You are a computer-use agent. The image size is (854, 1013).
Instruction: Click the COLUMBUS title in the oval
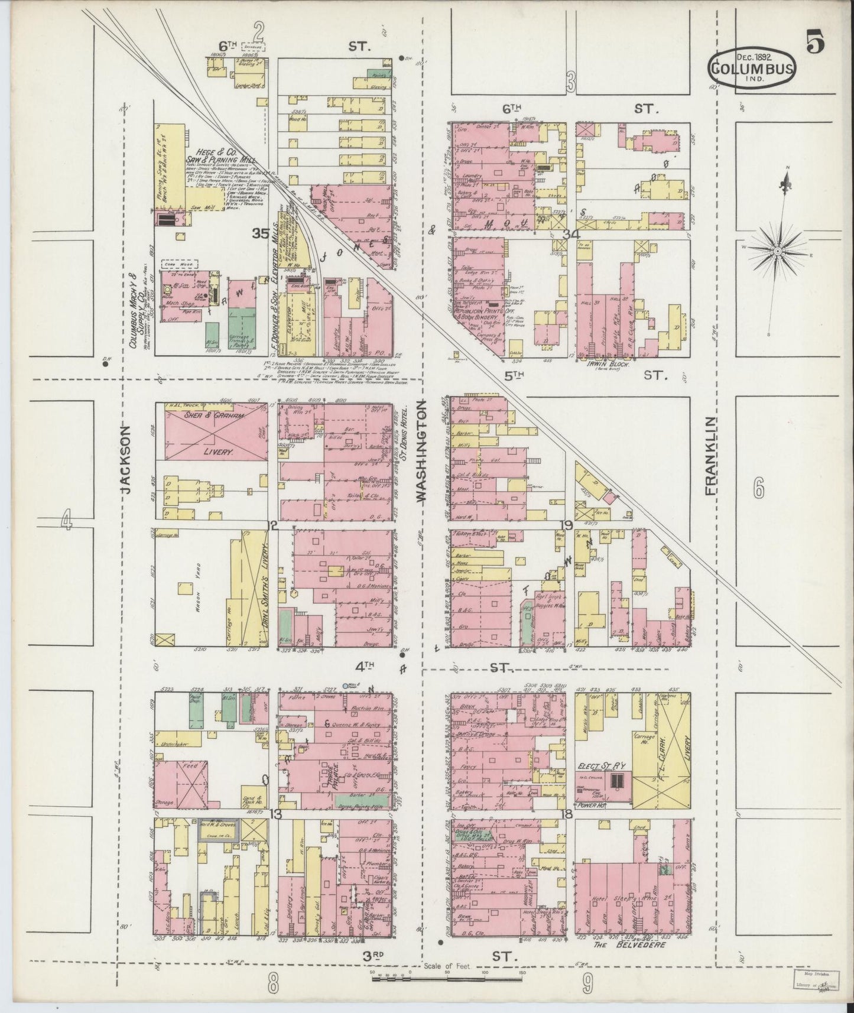coord(751,67)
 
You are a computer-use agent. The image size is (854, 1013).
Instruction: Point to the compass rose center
coord(778,251)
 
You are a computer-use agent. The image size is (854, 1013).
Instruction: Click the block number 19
coord(568,525)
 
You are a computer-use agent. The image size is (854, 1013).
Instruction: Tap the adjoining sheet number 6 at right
coord(759,489)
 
